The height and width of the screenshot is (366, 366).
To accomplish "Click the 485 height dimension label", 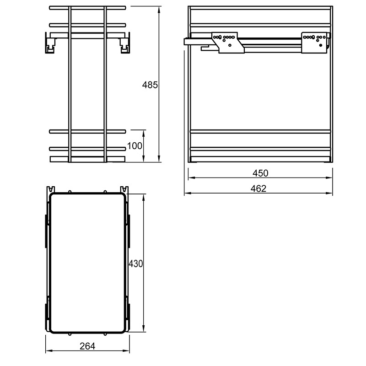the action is tap(150, 85).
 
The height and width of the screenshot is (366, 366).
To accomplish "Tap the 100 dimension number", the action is tap(135, 146).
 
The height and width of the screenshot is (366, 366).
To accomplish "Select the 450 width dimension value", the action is tap(260, 173).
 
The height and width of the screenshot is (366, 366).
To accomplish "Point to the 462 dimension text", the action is tap(258, 188).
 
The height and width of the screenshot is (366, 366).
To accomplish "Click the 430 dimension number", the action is tap(135, 264).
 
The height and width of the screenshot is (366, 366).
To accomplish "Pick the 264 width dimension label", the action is tap(87, 346).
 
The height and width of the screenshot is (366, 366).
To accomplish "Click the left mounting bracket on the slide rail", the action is tap(227, 43).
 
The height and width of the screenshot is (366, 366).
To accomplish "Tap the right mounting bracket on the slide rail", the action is tap(314, 43).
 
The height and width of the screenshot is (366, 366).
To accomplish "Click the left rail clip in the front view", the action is tap(51, 43).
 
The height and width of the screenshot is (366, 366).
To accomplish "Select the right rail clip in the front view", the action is tap(124, 43).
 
